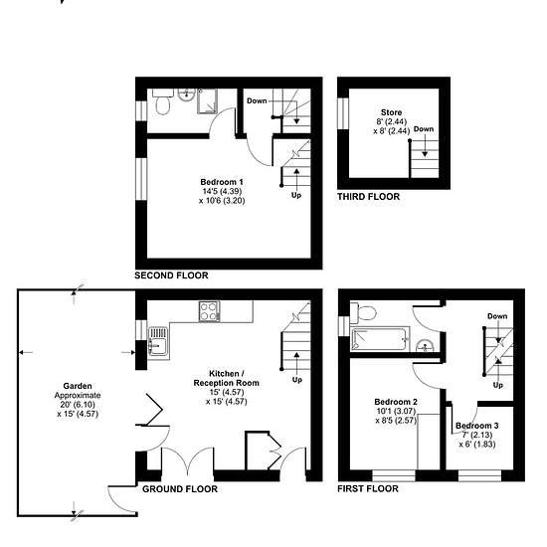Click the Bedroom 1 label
point(222,182)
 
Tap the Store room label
point(391,112)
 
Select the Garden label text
point(78,386)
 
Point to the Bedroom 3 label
point(476,426)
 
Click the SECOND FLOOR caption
point(171,275)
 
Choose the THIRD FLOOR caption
point(368,197)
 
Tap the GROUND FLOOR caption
point(180,489)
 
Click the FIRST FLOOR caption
point(368,488)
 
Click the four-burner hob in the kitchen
point(209,311)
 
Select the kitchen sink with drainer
point(158,343)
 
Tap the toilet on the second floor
point(162,101)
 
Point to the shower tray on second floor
point(208,101)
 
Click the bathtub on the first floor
point(380,339)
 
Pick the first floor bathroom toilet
point(363,312)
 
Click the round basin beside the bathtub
point(425,346)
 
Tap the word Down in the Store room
point(424,128)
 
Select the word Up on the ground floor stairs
point(297,380)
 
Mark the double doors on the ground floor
point(188,459)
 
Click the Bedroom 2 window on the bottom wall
point(394,475)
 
